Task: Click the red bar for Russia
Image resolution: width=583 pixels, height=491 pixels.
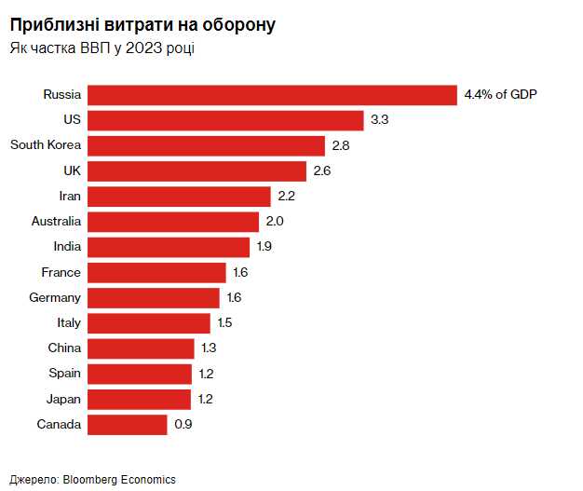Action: (273, 95)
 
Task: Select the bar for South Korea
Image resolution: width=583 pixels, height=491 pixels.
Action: (207, 145)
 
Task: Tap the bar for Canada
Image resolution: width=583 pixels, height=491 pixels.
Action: (128, 425)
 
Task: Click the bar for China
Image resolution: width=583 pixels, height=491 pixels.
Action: (142, 348)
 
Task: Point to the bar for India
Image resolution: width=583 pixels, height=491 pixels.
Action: (169, 247)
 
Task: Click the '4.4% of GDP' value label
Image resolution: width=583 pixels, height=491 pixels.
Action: (501, 95)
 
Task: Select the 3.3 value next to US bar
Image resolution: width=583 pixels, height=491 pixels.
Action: (379, 120)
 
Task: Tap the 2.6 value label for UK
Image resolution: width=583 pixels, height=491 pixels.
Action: (322, 171)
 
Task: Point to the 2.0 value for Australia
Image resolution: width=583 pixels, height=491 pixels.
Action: (274, 222)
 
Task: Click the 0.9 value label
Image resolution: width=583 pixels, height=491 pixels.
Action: (183, 425)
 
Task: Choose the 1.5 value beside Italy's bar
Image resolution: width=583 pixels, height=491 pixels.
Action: (224, 323)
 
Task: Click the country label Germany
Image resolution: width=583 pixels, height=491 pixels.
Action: (55, 298)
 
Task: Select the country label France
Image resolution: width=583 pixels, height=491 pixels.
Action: (61, 273)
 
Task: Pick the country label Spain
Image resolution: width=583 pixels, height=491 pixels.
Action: (64, 374)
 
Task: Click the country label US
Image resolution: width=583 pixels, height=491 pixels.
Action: (73, 120)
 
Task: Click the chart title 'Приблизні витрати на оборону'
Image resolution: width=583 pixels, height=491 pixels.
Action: (142, 25)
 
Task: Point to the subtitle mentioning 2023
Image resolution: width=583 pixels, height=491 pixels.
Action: (102, 48)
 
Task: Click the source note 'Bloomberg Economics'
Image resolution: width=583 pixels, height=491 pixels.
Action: (119, 479)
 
